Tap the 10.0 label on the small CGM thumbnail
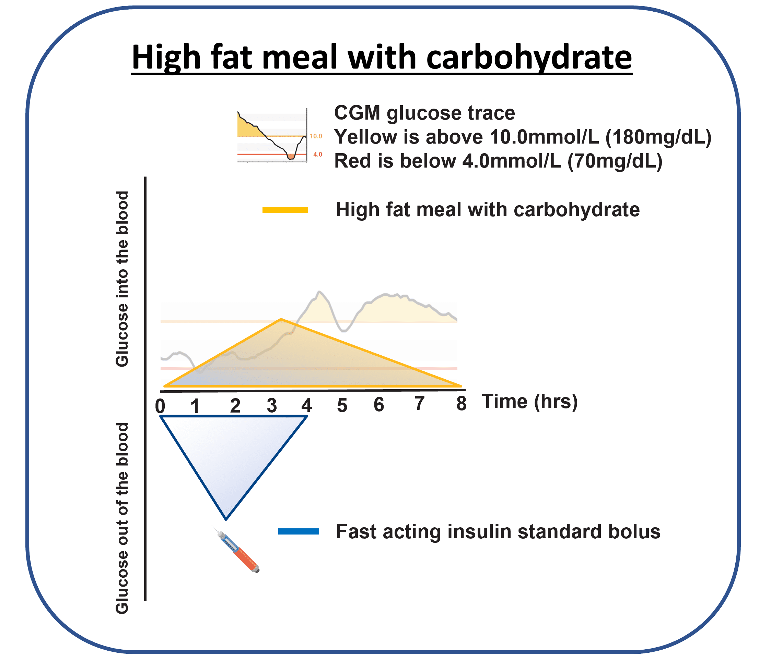(x=316, y=136)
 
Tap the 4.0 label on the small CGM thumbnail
(x=317, y=154)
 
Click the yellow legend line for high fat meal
(x=285, y=210)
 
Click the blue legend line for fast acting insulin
(x=299, y=531)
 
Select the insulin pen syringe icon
(x=237, y=550)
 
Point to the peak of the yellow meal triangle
(x=281, y=319)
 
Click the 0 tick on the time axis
(x=160, y=406)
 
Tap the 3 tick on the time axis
(x=271, y=405)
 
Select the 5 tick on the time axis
(x=342, y=405)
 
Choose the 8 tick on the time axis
(x=461, y=403)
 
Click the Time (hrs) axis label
(x=529, y=402)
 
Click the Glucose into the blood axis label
(x=122, y=279)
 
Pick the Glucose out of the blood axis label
(x=122, y=518)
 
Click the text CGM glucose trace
(x=424, y=113)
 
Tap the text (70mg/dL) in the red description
(x=615, y=161)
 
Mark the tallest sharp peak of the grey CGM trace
(x=319, y=292)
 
